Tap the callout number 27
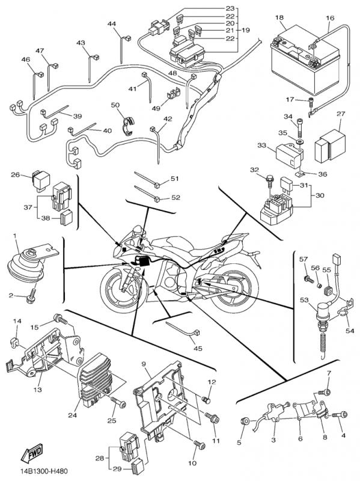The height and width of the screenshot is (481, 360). (340, 114)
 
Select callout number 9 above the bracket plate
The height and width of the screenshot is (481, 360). (144, 365)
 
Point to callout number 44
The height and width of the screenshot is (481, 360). (112, 24)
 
